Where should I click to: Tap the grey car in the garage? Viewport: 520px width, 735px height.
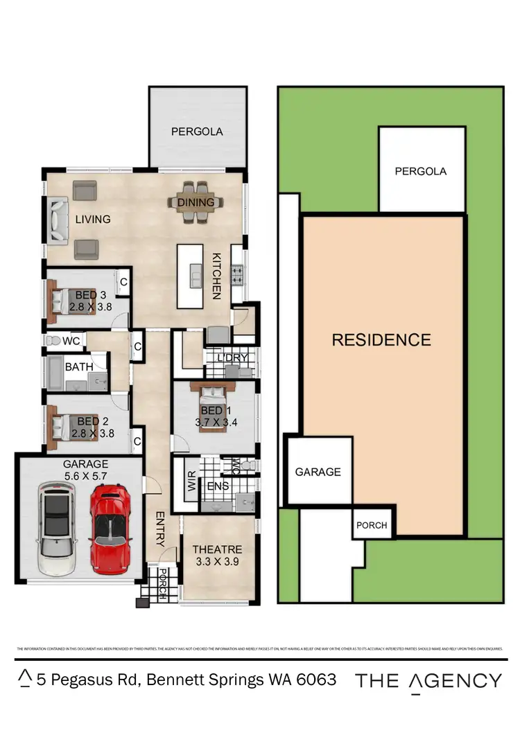(x=56, y=528)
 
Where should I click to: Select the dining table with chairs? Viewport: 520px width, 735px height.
(x=196, y=202)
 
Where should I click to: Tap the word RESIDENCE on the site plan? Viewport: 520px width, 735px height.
(x=381, y=340)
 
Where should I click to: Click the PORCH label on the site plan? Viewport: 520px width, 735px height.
(x=372, y=525)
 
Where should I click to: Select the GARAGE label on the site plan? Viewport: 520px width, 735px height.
(x=318, y=472)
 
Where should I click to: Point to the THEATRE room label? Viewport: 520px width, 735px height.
(x=216, y=550)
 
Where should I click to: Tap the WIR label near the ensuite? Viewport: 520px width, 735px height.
(x=191, y=482)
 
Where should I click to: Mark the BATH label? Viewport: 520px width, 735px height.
(x=79, y=367)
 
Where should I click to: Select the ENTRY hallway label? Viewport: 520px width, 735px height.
(x=159, y=530)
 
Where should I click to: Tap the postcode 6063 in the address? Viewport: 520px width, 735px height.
(x=315, y=680)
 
